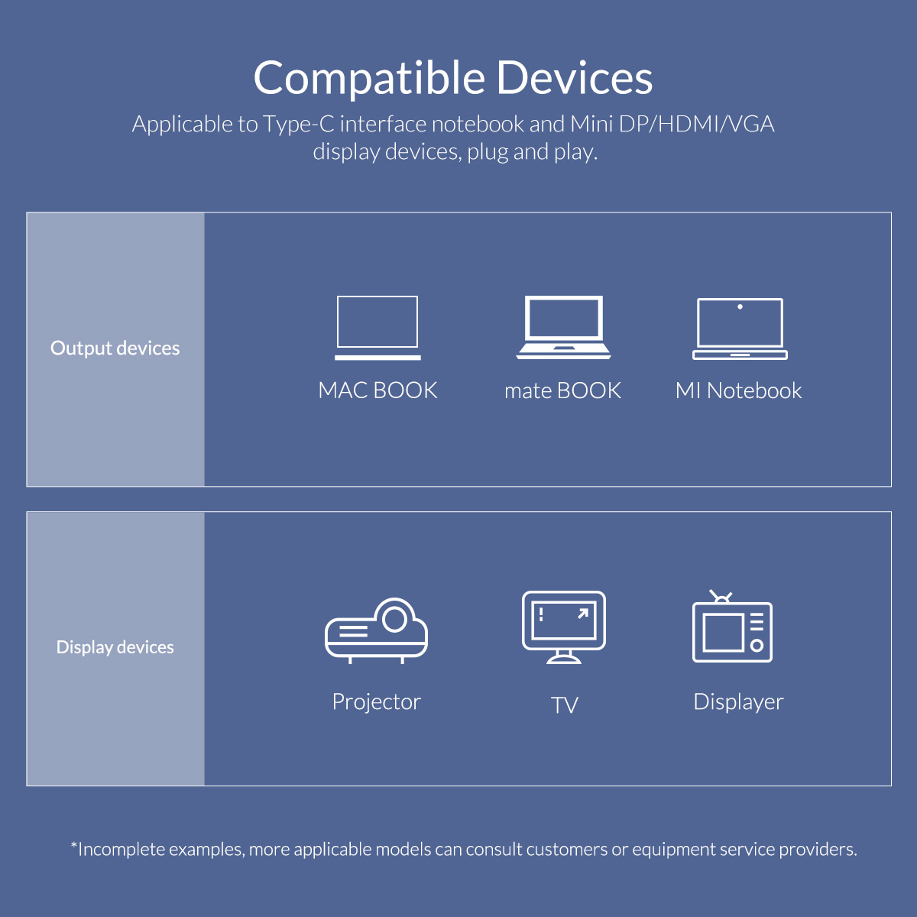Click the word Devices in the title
(574, 78)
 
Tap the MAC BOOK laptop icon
(377, 327)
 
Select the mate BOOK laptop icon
(564, 327)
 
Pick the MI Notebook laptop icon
(740, 329)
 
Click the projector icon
(376, 630)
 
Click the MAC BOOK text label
(377, 390)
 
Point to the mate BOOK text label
(562, 390)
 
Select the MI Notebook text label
(738, 390)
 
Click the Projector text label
(376, 702)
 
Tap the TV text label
(564, 705)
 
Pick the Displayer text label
(738, 702)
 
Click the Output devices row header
(115, 348)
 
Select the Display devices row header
(115, 647)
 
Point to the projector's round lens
(394, 617)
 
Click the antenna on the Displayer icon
(721, 596)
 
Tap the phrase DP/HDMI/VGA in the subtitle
(696, 124)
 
